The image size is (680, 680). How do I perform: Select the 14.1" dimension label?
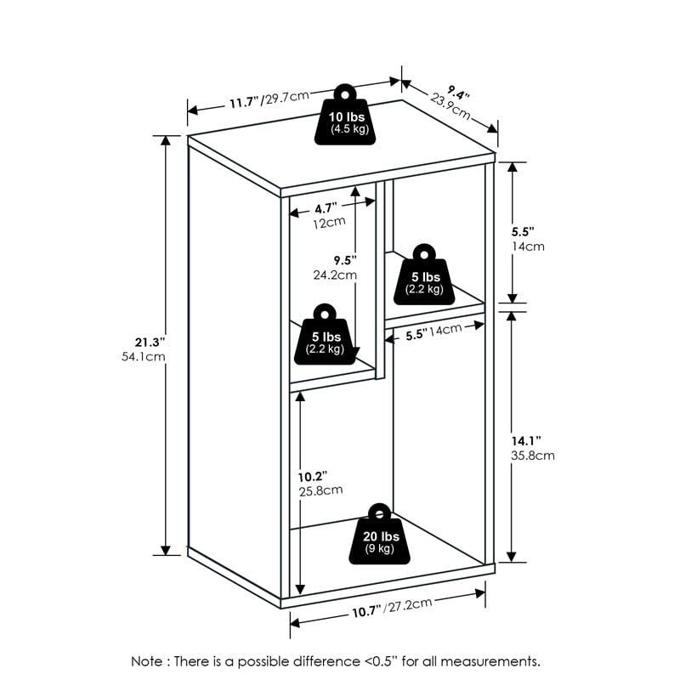527,439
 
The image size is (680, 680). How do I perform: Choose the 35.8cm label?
533,456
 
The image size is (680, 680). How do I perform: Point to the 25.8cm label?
320,490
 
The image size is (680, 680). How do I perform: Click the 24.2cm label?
334,275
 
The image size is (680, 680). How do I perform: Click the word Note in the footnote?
147,660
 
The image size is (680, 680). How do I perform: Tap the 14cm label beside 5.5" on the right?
527,246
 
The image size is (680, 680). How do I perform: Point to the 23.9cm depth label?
450,104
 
